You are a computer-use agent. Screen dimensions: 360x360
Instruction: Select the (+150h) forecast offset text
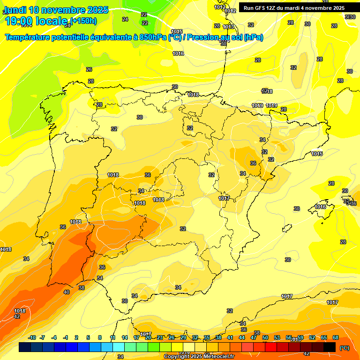[x=83, y=21]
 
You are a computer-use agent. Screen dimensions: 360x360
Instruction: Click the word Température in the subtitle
[x=31, y=37]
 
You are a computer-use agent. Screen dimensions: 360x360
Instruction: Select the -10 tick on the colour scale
[x=32, y=337]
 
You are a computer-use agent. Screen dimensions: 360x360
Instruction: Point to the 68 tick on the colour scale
[x=336, y=337]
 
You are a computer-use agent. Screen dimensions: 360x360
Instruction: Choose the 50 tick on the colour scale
[x=265, y=337]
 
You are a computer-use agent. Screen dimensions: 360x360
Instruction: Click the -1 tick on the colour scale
[x=66, y=337]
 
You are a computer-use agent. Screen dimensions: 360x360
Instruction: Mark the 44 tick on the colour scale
[x=242, y=337]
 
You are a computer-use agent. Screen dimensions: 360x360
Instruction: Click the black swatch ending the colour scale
[x=330, y=347]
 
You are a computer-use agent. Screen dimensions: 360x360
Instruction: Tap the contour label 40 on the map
[x=67, y=292]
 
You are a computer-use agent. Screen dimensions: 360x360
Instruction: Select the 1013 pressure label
[x=228, y=27]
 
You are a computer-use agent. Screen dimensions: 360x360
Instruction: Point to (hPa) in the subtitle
[x=253, y=37]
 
